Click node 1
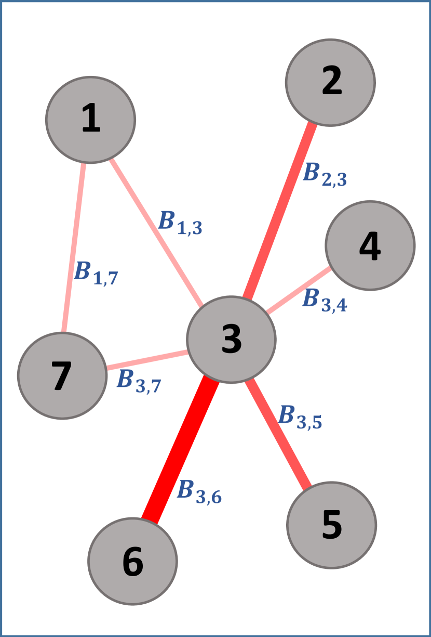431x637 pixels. [91, 120]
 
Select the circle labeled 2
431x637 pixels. [330, 82]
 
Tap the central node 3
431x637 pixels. [231, 340]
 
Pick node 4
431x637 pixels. [370, 245]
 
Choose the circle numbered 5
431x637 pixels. [331, 525]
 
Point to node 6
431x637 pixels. [133, 561]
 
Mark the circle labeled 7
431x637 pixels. [62, 375]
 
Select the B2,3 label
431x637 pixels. [325, 174]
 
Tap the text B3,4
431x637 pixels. [325, 300]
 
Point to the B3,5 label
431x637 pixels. [300, 417]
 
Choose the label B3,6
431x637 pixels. [199, 491]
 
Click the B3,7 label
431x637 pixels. [139, 381]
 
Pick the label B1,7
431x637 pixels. [96, 273]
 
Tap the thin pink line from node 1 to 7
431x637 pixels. [73, 247]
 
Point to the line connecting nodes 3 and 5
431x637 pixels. [278, 434]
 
